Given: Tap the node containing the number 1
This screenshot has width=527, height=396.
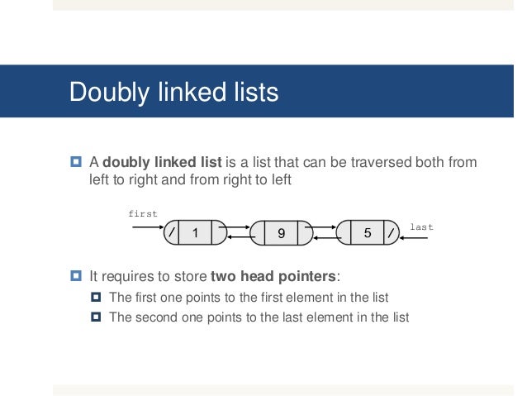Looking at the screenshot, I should pyautogui.click(x=196, y=233).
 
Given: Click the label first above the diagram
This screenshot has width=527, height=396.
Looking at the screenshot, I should pyautogui.click(x=142, y=213).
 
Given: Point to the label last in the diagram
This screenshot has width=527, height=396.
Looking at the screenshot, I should pyautogui.click(x=421, y=226).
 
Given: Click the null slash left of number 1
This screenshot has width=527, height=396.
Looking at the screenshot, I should pyautogui.click(x=172, y=233).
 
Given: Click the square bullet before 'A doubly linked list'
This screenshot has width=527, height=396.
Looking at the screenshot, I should pyautogui.click(x=74, y=162).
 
